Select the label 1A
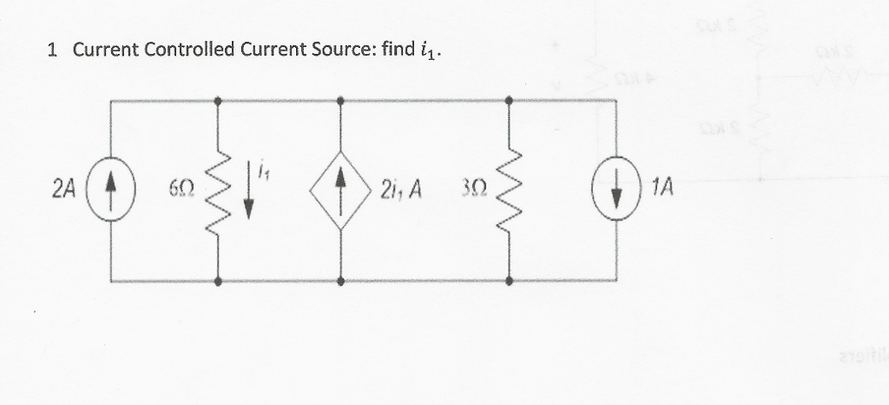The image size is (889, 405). [x=662, y=187]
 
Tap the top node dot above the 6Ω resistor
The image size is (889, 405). [x=217, y=101]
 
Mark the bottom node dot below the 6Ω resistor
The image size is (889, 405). [x=217, y=282]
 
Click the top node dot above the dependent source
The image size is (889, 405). [x=340, y=101]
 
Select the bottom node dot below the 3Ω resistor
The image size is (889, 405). [x=508, y=282]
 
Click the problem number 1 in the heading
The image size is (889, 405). [x=53, y=50]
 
